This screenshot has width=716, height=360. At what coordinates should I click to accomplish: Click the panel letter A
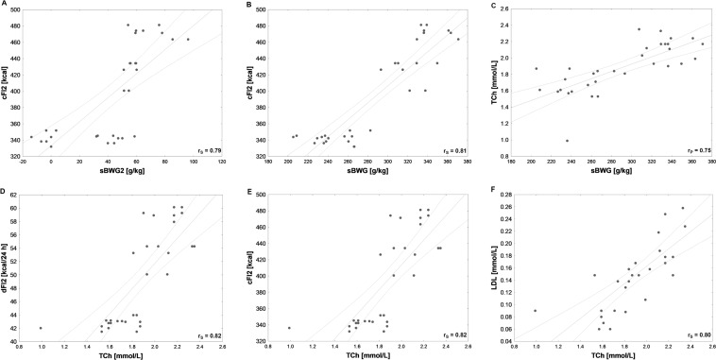pos(6,5)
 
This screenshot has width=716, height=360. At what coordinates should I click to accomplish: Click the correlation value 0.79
pos(214,149)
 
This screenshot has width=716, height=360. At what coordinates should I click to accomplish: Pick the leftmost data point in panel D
pos(41,328)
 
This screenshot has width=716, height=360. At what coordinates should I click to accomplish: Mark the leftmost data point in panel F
pos(535,310)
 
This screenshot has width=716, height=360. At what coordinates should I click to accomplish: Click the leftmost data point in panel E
pos(289,328)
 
